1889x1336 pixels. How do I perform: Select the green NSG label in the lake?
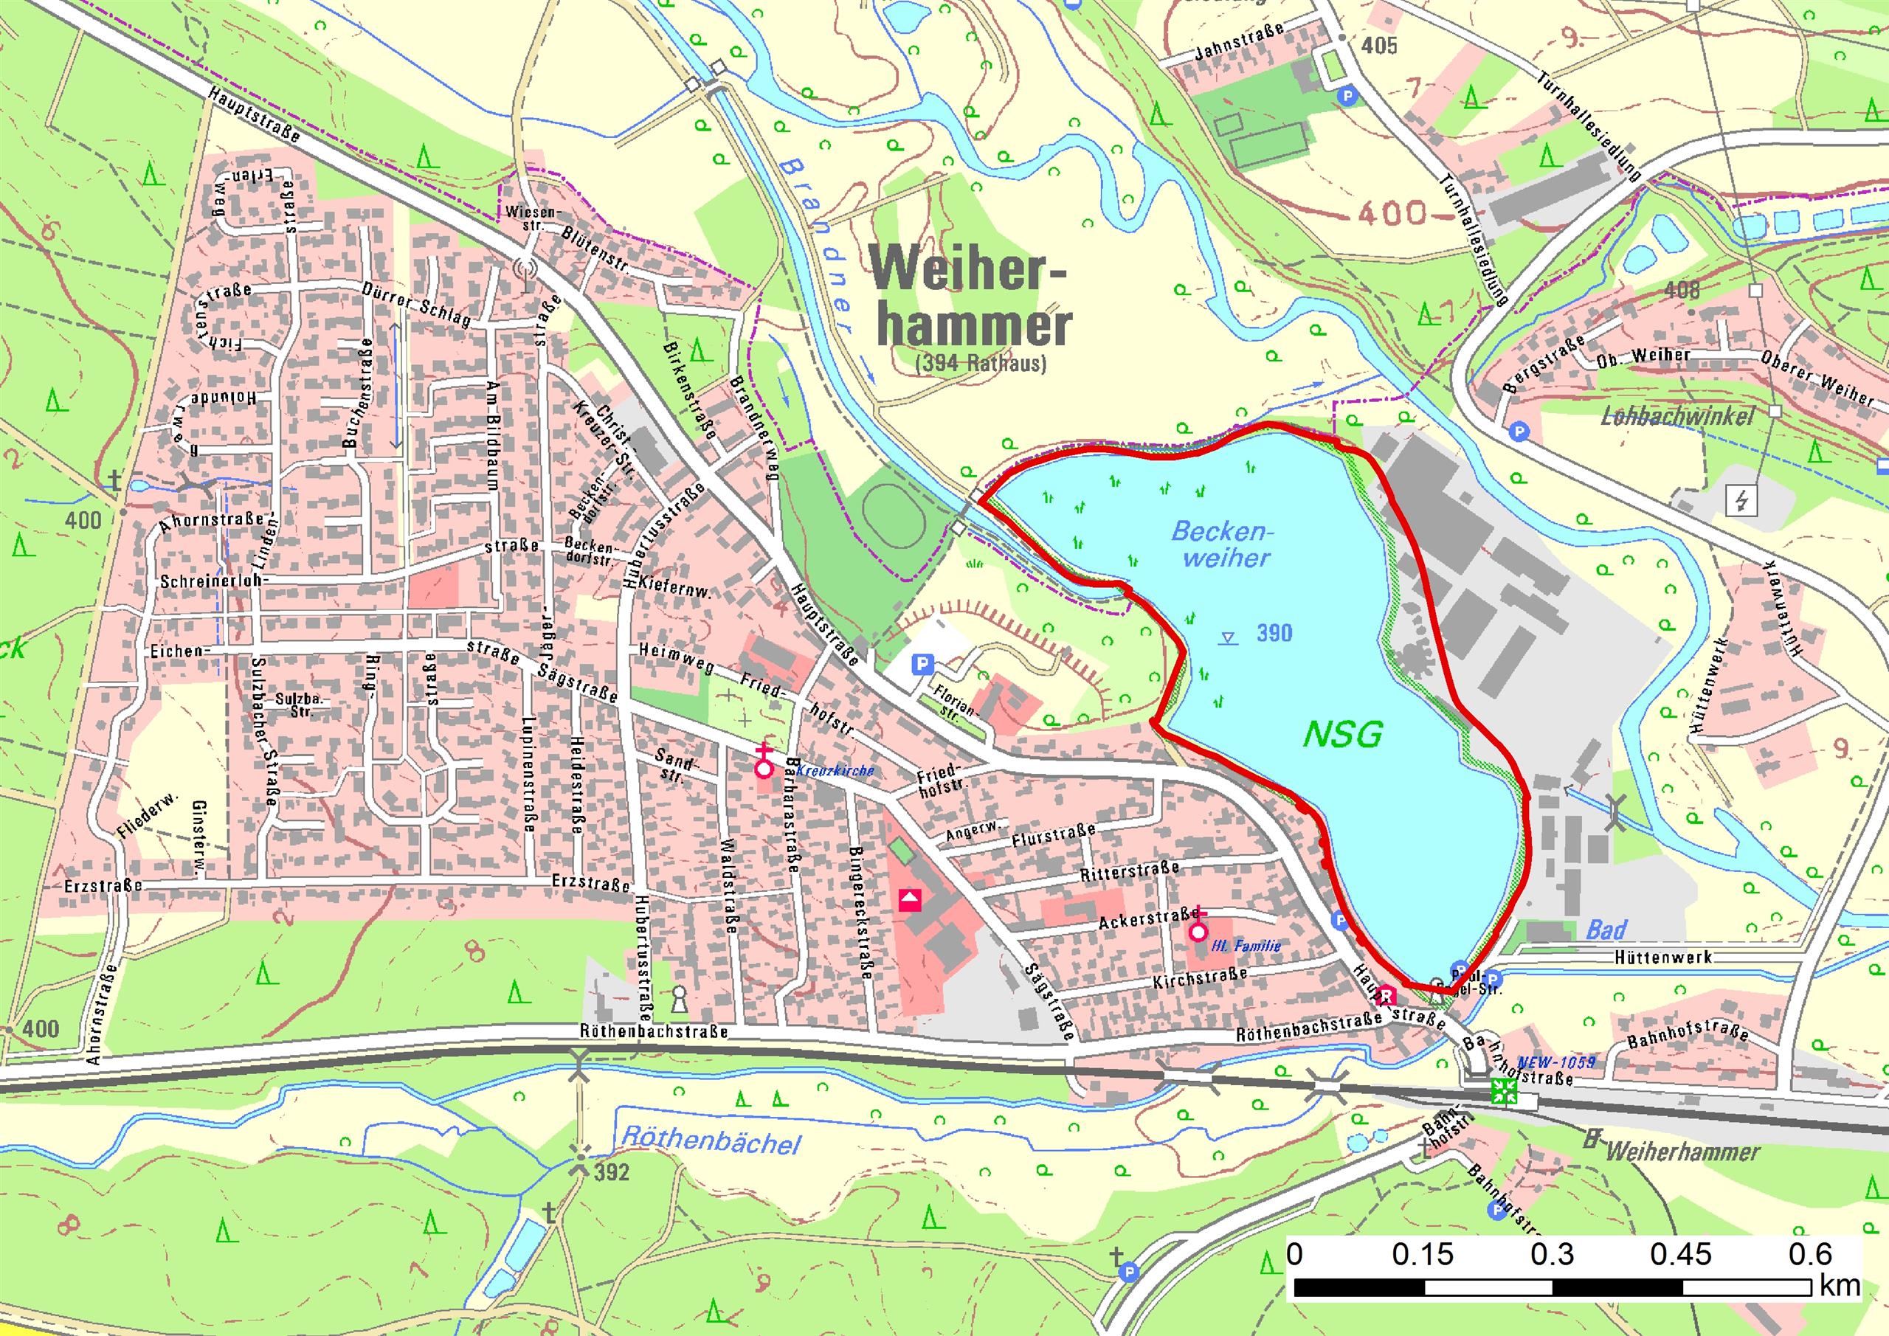tap(1343, 734)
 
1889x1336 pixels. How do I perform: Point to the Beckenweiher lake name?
tap(1218, 544)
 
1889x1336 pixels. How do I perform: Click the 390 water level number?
tap(1274, 633)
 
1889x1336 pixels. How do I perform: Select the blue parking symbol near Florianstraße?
tap(923, 663)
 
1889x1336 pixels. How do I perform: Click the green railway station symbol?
tap(1505, 1093)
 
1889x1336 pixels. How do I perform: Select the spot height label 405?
tap(1378, 45)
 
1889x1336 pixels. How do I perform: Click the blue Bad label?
tap(1606, 930)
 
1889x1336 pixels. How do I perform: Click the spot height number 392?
tap(611, 1171)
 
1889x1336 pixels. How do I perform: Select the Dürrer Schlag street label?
tap(415, 305)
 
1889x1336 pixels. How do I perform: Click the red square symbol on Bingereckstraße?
tap(909, 900)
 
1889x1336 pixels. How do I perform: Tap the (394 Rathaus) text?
tap(980, 363)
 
